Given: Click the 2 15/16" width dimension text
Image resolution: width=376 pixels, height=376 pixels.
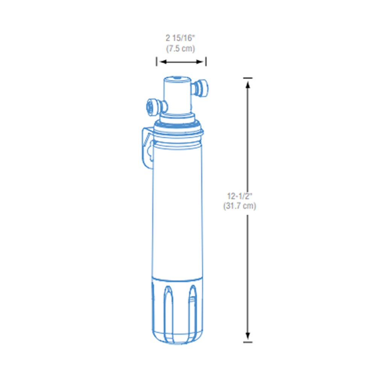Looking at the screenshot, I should pyautogui.click(x=181, y=38).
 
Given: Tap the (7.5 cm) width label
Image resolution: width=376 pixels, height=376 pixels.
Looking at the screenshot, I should pyautogui.click(x=181, y=49).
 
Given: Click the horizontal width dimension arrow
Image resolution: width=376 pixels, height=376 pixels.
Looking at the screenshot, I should pyautogui.click(x=181, y=62).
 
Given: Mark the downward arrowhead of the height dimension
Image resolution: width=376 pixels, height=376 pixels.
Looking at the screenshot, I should pyautogui.click(x=247, y=335).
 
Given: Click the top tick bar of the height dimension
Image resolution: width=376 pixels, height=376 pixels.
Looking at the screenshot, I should pyautogui.click(x=247, y=78).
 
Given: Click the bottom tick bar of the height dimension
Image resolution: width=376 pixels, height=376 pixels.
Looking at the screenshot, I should pyautogui.click(x=247, y=342).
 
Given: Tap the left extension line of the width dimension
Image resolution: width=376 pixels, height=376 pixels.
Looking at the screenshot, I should pyautogui.click(x=157, y=62).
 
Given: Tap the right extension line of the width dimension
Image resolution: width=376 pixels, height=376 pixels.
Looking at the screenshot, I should pyautogui.click(x=206, y=62).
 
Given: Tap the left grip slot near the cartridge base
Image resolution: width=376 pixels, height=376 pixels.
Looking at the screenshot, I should pyautogui.click(x=168, y=301).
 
